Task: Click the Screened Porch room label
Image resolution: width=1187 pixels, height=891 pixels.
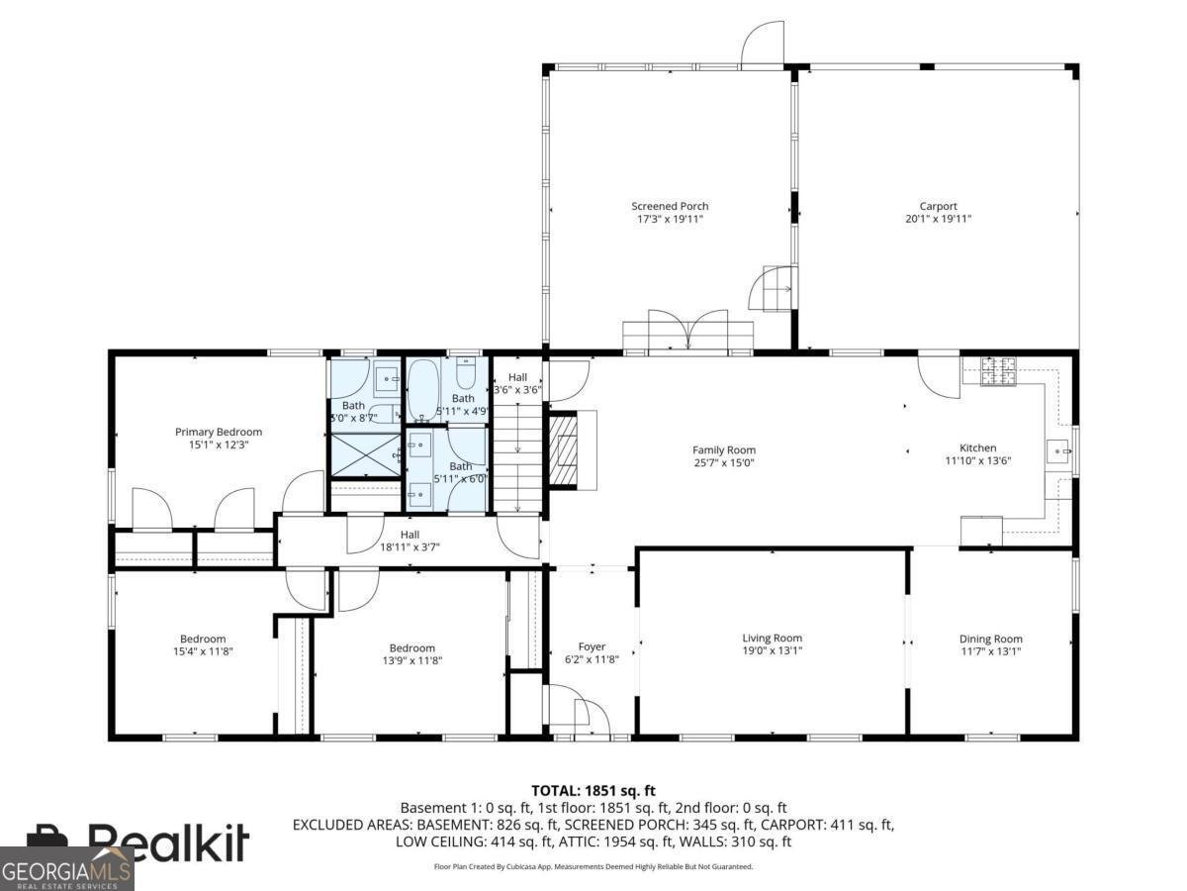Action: coord(670,206)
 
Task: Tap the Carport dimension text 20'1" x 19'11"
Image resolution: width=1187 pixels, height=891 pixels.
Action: coord(938,219)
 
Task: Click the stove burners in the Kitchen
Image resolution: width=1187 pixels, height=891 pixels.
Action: coord(996,370)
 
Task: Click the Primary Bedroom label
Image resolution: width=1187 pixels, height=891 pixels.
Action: coord(219,432)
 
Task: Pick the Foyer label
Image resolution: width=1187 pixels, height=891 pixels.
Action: coord(592,646)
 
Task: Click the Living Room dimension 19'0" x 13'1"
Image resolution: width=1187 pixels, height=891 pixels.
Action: coord(772,650)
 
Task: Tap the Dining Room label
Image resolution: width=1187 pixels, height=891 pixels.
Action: coord(990,639)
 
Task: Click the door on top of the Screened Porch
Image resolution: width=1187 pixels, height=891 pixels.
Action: coord(763,45)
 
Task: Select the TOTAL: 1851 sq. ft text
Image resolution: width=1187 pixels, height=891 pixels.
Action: coord(593,790)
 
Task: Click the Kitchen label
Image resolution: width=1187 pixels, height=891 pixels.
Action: coord(977,447)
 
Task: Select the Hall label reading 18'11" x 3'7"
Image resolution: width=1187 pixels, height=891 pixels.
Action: coord(410,546)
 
